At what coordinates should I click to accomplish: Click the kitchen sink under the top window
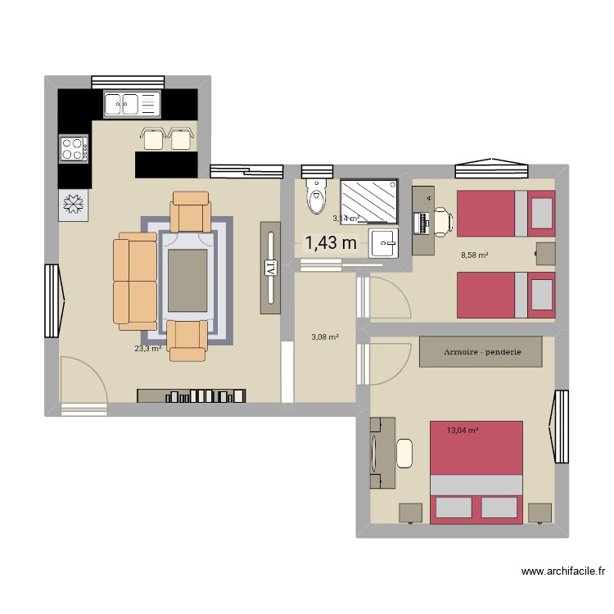(x=129, y=104)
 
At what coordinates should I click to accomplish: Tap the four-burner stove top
(x=74, y=149)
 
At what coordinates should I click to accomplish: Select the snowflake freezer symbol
(x=74, y=205)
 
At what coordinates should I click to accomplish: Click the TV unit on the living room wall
(x=271, y=267)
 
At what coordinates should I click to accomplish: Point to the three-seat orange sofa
(x=135, y=281)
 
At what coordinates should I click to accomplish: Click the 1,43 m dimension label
(x=331, y=242)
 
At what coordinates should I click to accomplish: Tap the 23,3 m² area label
(x=147, y=348)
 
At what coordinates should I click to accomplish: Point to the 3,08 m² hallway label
(x=325, y=336)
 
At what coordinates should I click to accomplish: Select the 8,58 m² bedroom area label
(x=475, y=255)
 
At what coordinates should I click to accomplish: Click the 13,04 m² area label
(x=463, y=430)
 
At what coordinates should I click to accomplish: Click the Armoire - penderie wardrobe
(x=481, y=351)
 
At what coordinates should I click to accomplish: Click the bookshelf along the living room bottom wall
(x=192, y=396)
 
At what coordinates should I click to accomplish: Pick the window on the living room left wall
(x=53, y=301)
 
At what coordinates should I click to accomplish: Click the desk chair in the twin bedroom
(x=441, y=219)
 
